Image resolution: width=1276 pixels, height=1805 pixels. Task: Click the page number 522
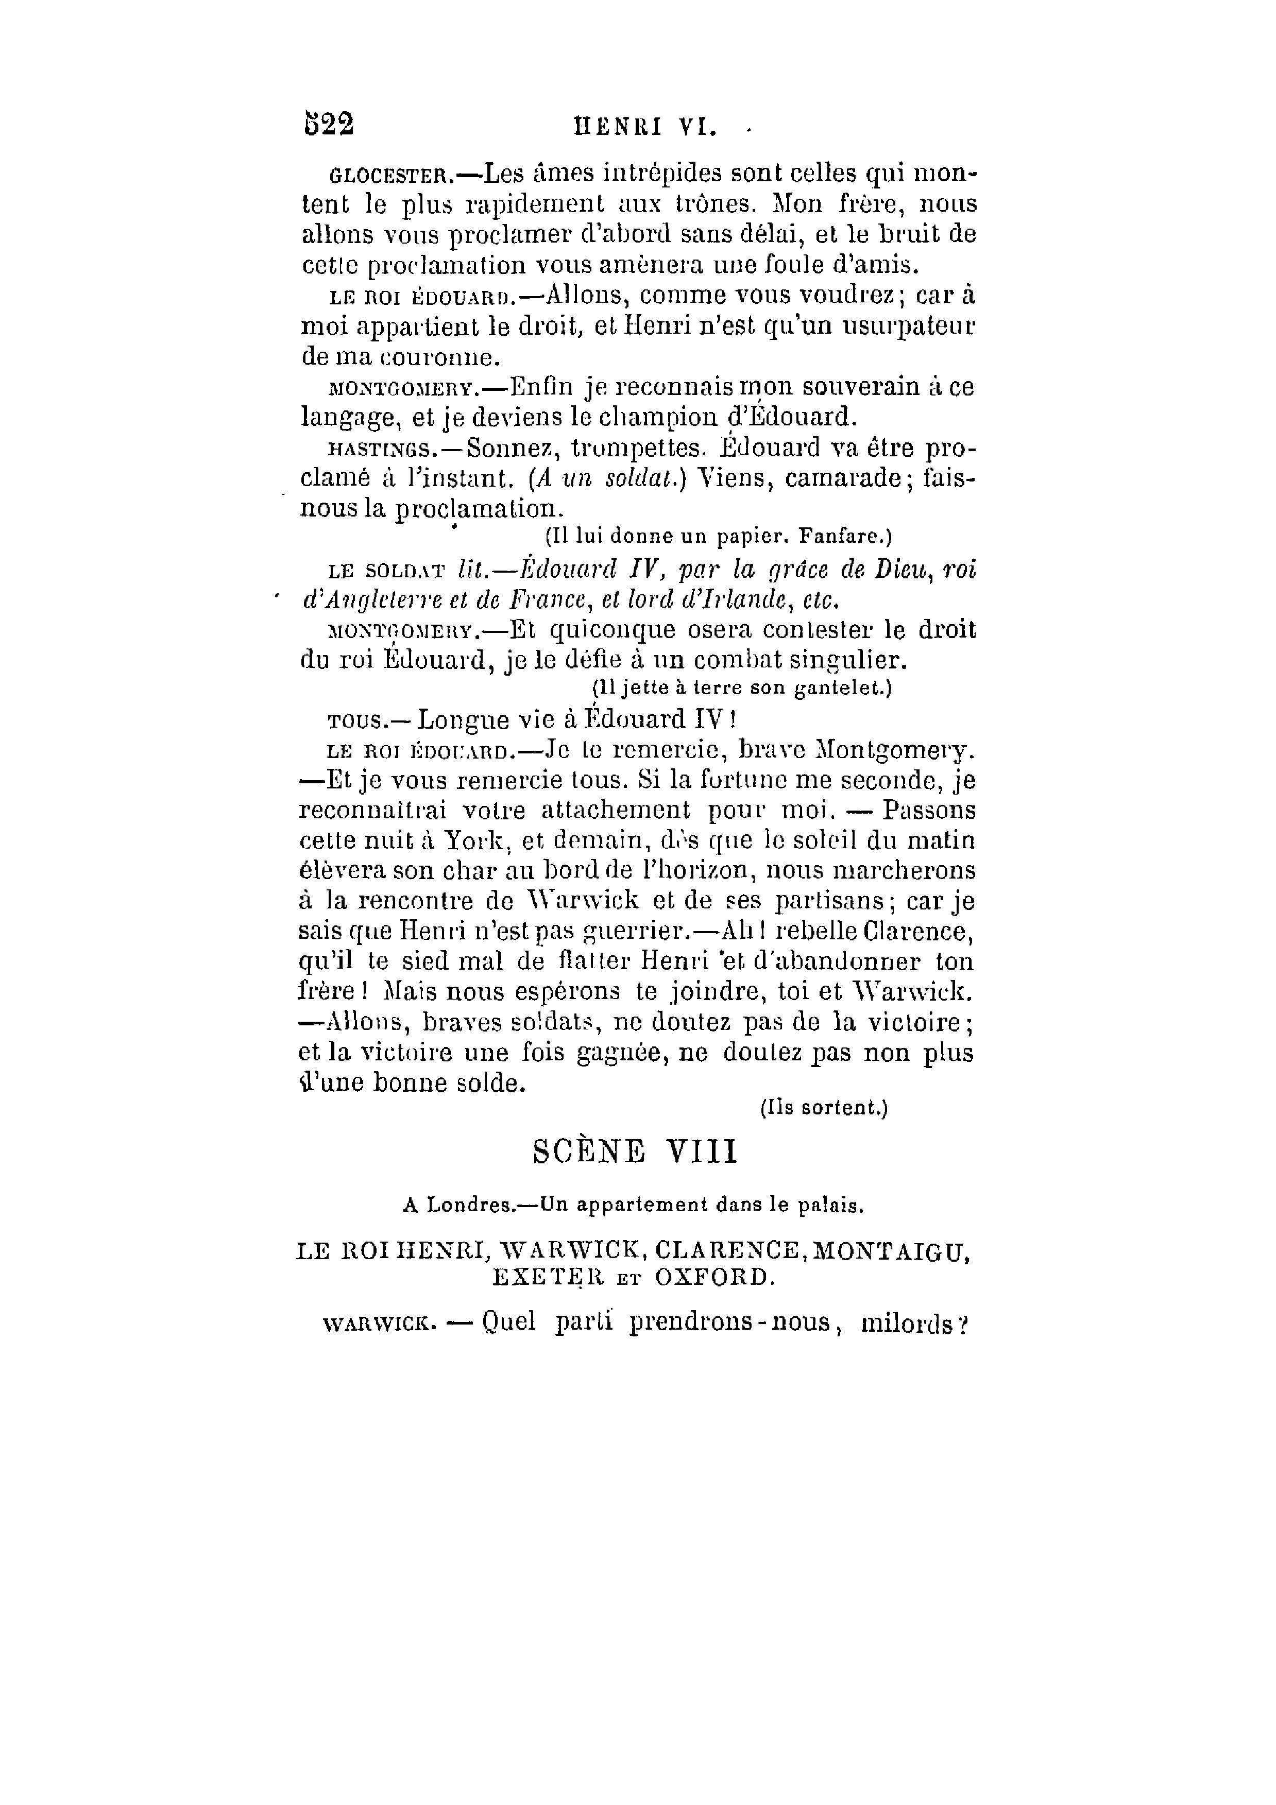[329, 124]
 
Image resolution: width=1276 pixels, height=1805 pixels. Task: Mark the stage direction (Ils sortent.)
[823, 1108]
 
